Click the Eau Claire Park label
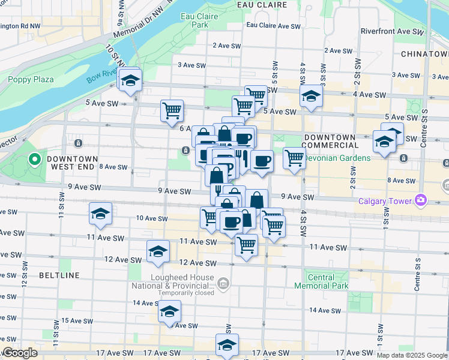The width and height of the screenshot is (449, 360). [194, 21]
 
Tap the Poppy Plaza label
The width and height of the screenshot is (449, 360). [31, 79]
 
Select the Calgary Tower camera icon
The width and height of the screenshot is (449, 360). [420, 199]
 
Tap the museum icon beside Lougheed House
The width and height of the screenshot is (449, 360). [223, 283]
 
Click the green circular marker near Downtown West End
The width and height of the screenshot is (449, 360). [35, 160]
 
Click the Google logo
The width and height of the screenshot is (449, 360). [20, 353]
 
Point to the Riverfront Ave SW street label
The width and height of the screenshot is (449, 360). [392, 31]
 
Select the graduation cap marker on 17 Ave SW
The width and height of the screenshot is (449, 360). [227, 345]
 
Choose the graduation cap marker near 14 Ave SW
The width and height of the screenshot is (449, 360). [169, 311]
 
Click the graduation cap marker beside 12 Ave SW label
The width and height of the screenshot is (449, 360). [158, 251]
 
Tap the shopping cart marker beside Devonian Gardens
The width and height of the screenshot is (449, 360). [294, 158]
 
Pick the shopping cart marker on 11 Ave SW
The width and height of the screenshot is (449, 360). [246, 244]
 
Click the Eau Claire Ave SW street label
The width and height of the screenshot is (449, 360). [273, 26]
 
